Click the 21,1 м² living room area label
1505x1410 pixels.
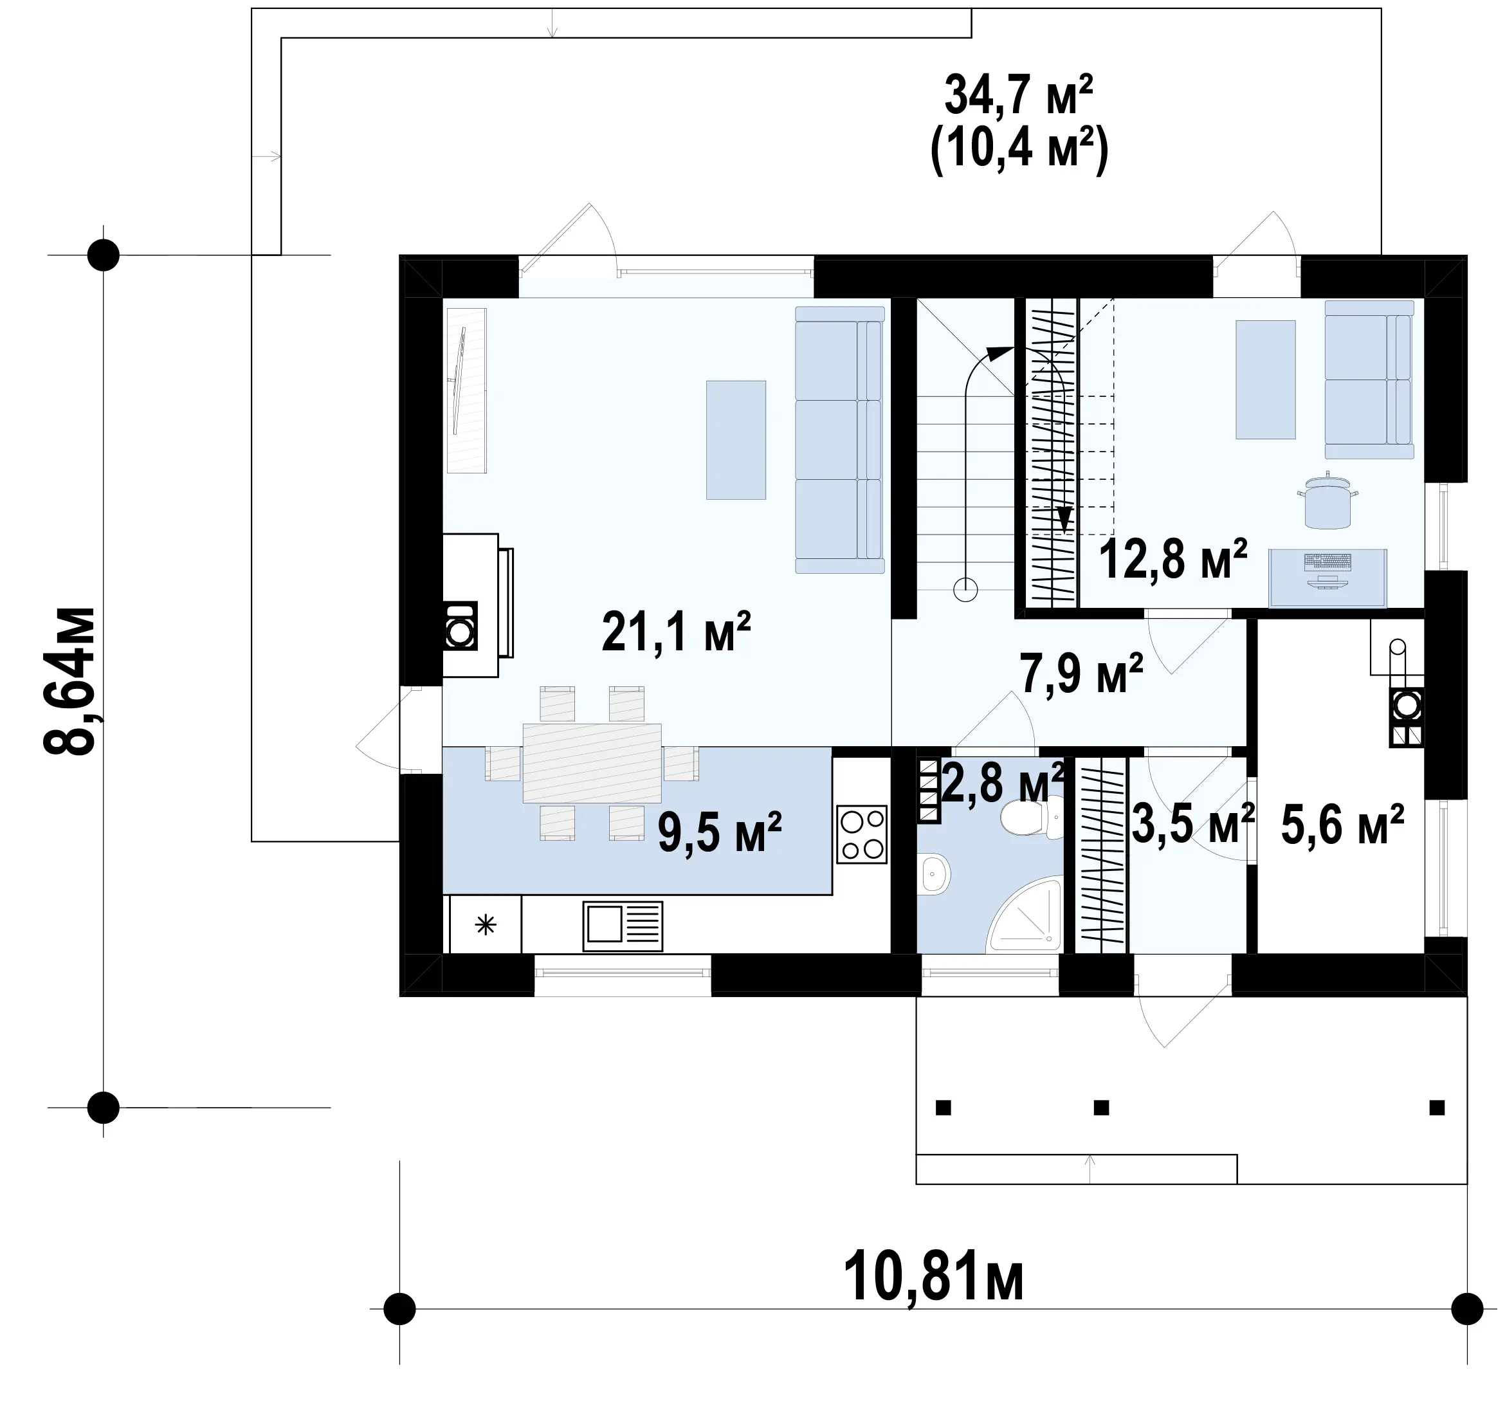pos(676,632)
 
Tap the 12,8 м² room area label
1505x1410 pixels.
pos(1172,560)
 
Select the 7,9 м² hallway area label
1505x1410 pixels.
pos(1081,673)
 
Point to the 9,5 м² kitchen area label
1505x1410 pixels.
pos(719,832)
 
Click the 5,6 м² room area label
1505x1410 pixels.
pos(1342,825)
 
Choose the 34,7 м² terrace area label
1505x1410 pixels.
pos(1018,95)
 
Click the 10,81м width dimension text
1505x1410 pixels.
pos(933,1277)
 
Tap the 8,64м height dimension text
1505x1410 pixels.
pos(70,680)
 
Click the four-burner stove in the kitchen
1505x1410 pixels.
pos(861,834)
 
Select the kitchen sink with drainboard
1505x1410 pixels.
pos(623,926)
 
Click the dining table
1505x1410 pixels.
pos(592,762)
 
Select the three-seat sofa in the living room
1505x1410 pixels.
pos(839,439)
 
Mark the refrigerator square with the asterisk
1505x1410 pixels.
pos(485,924)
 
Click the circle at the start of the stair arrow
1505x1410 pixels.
pos(965,589)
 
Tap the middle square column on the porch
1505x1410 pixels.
pos(1102,1108)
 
